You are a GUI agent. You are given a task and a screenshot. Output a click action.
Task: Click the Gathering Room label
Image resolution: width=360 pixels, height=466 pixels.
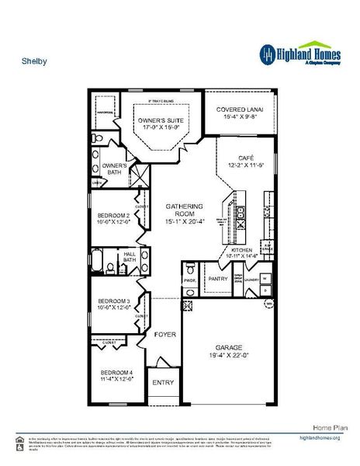[x=185, y=210]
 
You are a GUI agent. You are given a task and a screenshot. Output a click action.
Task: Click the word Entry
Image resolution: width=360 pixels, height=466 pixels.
[x=163, y=382]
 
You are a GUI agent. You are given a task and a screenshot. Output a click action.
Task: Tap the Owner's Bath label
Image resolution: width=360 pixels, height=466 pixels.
[x=114, y=169]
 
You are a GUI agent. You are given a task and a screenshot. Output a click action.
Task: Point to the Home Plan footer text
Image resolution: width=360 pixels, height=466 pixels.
[x=327, y=428]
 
